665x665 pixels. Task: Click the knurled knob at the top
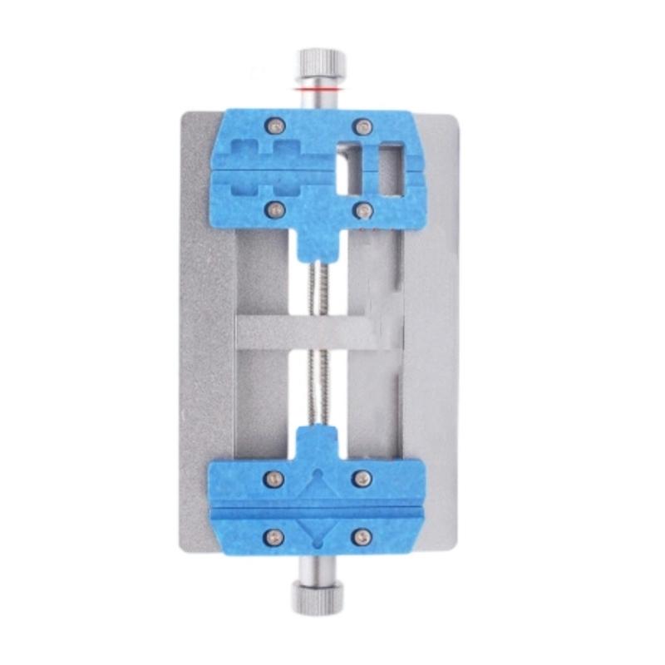click(x=319, y=63)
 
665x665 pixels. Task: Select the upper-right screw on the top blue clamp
click(x=362, y=126)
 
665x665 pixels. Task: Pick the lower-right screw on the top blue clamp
click(x=362, y=210)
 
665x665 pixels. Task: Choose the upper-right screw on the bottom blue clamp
click(x=362, y=478)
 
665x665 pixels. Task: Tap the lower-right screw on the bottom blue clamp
click(x=362, y=536)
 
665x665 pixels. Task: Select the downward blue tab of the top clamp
click(x=319, y=241)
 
